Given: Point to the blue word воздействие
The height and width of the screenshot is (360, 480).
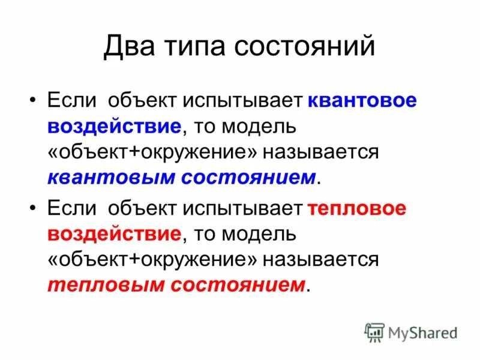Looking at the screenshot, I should (113, 126).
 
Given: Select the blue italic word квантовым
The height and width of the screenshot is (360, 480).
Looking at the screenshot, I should (111, 176).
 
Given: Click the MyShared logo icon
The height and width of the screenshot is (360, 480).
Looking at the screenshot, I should (374, 332).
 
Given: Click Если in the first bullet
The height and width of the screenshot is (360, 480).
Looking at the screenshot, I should (71, 101).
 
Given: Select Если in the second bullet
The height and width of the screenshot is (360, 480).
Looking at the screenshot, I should (71, 208).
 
